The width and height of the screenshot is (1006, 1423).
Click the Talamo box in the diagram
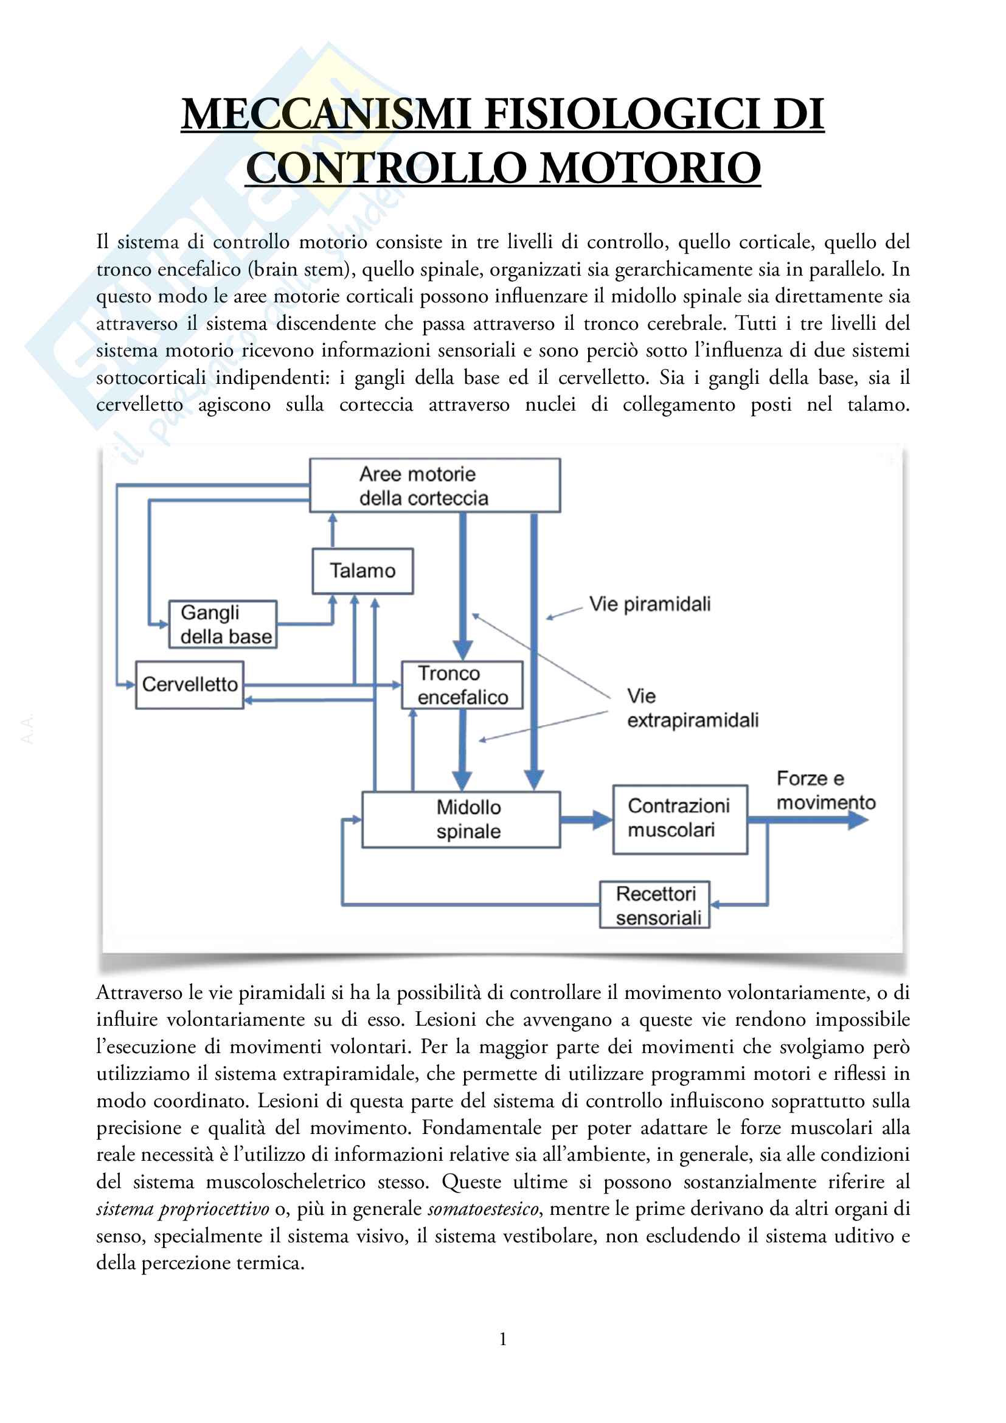pyautogui.click(x=363, y=571)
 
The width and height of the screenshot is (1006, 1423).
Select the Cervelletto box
pyautogui.click(x=190, y=684)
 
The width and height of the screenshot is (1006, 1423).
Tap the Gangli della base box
pyautogui.click(x=223, y=625)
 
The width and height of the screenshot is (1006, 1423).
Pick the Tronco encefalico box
pyautogui.click(x=462, y=685)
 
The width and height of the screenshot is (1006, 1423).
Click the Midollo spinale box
pyautogui.click(x=461, y=819)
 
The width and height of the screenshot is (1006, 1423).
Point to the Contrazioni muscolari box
pyautogui.click(x=679, y=819)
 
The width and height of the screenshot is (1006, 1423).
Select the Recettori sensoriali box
pyautogui.click(x=655, y=905)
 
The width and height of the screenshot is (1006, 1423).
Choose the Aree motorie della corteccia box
pyautogui.click(x=435, y=485)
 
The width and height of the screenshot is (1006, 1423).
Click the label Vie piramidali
pyautogui.click(x=650, y=604)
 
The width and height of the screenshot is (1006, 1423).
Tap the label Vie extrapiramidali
pyautogui.click(x=692, y=708)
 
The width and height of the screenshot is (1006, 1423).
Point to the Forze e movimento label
pyautogui.click(x=825, y=790)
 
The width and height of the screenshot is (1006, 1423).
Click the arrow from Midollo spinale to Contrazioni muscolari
pyautogui.click(x=586, y=819)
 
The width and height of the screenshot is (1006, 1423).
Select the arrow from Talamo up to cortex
pyautogui.click(x=333, y=531)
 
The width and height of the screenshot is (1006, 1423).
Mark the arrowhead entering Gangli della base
pyautogui.click(x=163, y=624)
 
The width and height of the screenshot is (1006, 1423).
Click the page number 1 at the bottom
pyautogui.click(x=503, y=1339)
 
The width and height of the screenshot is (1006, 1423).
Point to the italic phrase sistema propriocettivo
pyautogui.click(x=182, y=1209)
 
